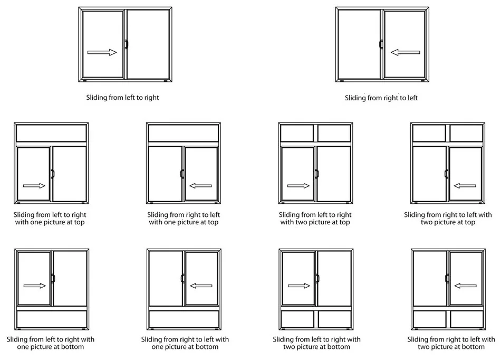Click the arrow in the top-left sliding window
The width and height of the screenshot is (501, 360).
[x=102, y=52]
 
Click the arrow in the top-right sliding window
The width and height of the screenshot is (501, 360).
[x=405, y=52]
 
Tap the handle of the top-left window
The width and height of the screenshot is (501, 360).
[x=126, y=45]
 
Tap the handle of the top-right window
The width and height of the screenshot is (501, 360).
[x=381, y=45]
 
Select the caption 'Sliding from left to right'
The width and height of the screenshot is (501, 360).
[x=122, y=98]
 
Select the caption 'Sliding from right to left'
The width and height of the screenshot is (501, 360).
[x=381, y=98]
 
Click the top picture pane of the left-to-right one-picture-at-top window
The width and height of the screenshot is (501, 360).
[x=51, y=133]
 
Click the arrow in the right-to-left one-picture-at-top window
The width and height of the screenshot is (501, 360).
[x=200, y=186]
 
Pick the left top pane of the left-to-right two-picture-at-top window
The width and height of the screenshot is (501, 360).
[x=297, y=133]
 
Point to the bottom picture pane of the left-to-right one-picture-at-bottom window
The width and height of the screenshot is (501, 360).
[x=51, y=319]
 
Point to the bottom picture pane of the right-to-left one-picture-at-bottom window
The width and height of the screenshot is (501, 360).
[x=184, y=319]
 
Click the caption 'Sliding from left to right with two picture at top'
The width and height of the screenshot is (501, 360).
[x=315, y=219]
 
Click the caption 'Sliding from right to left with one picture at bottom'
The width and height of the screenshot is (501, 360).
[x=185, y=343]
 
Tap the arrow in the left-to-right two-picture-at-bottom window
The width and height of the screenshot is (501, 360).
[x=299, y=286]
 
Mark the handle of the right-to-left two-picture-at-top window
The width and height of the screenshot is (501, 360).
[x=446, y=174]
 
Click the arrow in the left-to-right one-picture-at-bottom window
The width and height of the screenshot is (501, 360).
[x=35, y=286]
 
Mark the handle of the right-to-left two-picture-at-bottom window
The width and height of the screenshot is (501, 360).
[x=446, y=278]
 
